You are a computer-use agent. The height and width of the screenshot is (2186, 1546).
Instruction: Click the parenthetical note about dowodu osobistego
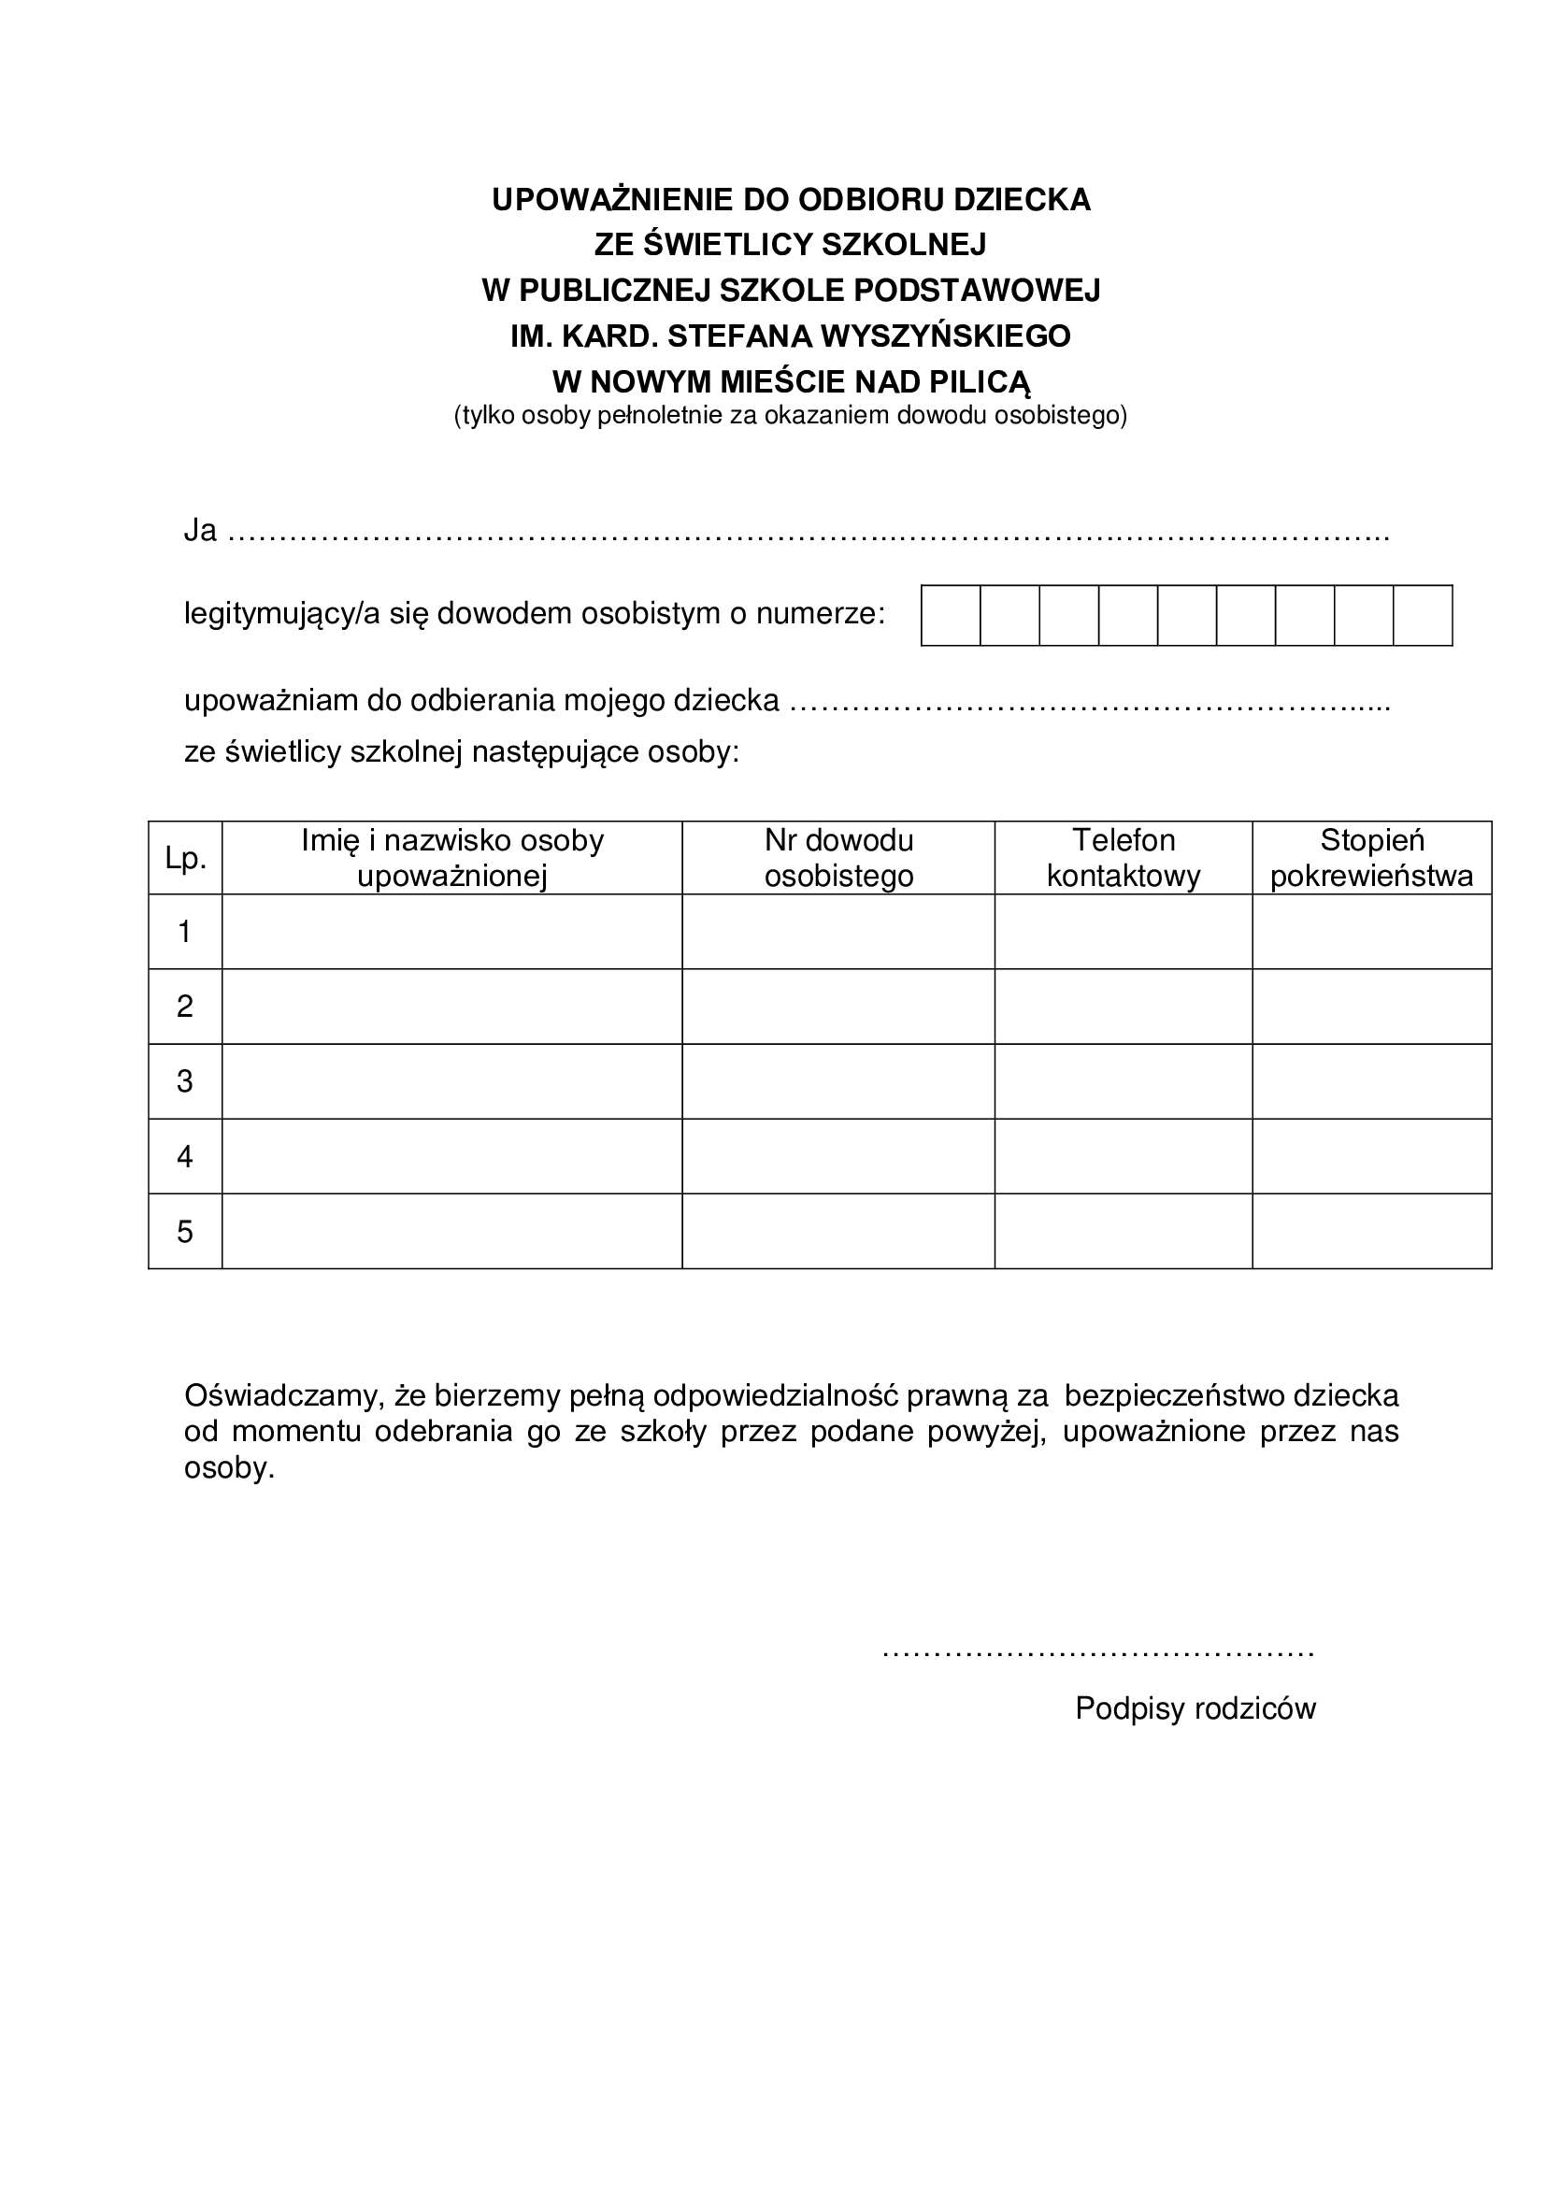click(790, 416)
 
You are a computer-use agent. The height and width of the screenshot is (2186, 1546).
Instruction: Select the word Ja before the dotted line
click(200, 530)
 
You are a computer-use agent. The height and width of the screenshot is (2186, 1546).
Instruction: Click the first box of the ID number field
click(951, 616)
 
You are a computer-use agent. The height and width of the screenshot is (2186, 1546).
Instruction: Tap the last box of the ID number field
click(1423, 616)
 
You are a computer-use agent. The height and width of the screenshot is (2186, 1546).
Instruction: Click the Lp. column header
click(186, 858)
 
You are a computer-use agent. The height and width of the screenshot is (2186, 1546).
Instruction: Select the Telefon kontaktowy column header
click(1124, 858)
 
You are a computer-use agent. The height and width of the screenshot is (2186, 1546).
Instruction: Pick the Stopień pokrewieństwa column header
click(1372, 858)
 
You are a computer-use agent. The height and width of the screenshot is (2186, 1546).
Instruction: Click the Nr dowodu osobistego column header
click(838, 858)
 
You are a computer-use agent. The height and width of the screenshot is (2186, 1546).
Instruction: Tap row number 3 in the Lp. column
click(186, 1081)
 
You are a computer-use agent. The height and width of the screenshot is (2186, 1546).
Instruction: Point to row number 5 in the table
click(186, 1232)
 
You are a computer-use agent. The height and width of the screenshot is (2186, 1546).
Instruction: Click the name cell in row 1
click(452, 932)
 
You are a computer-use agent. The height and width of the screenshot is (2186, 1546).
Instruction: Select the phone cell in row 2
click(1124, 1007)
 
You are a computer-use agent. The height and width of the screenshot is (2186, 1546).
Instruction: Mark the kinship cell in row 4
click(1372, 1157)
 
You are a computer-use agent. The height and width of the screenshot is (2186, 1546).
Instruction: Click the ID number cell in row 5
click(838, 1232)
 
